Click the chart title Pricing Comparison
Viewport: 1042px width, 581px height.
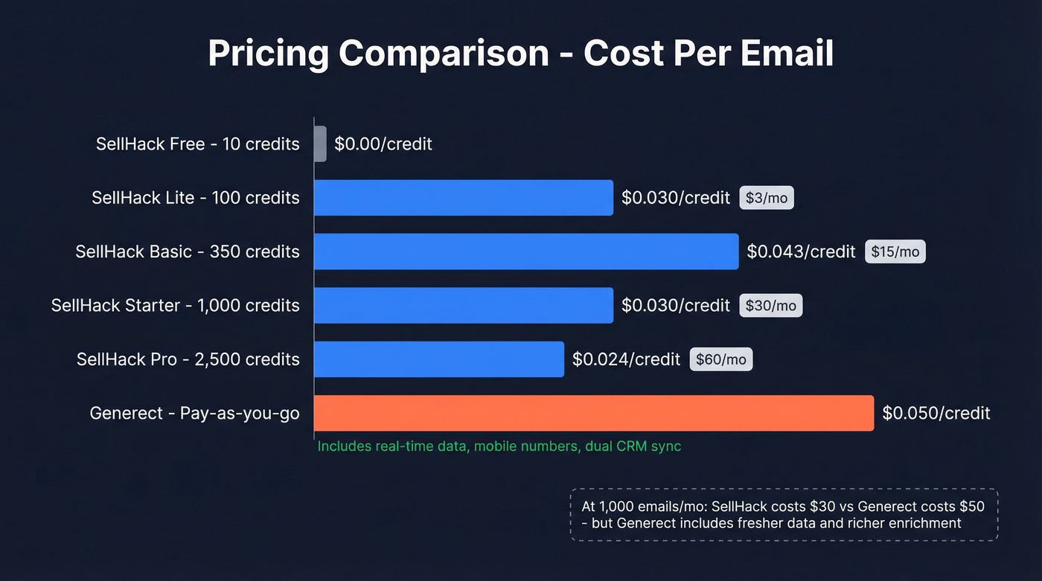520,54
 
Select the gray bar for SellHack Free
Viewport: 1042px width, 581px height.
320,144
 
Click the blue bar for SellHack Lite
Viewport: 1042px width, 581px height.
463,198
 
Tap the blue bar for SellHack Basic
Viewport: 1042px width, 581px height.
525,251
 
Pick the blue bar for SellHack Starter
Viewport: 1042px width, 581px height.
463,305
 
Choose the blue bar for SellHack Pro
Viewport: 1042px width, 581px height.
438,359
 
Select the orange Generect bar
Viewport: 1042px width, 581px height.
593,413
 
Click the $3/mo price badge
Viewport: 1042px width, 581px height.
766,198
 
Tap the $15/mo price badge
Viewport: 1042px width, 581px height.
895,251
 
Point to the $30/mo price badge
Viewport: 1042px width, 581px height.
770,305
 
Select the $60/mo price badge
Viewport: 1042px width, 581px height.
720,359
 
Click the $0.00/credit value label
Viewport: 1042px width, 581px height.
383,144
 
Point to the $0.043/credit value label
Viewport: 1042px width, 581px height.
801,251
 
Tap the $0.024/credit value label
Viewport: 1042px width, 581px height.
626,359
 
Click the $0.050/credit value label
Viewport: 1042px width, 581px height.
936,413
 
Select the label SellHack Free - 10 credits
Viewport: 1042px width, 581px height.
197,144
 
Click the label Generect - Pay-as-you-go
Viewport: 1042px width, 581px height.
194,413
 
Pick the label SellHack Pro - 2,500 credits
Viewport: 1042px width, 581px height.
188,359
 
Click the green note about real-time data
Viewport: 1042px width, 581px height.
499,446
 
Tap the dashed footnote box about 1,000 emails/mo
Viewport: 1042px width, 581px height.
784,515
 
